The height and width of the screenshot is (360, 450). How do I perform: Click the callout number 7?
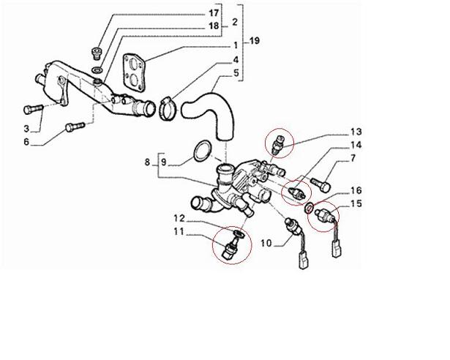pos(352,158)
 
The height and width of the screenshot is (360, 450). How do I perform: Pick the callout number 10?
pos(266,242)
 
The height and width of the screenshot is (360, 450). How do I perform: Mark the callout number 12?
pos(178,218)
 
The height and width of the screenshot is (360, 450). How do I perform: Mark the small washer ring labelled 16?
pos(312,210)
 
